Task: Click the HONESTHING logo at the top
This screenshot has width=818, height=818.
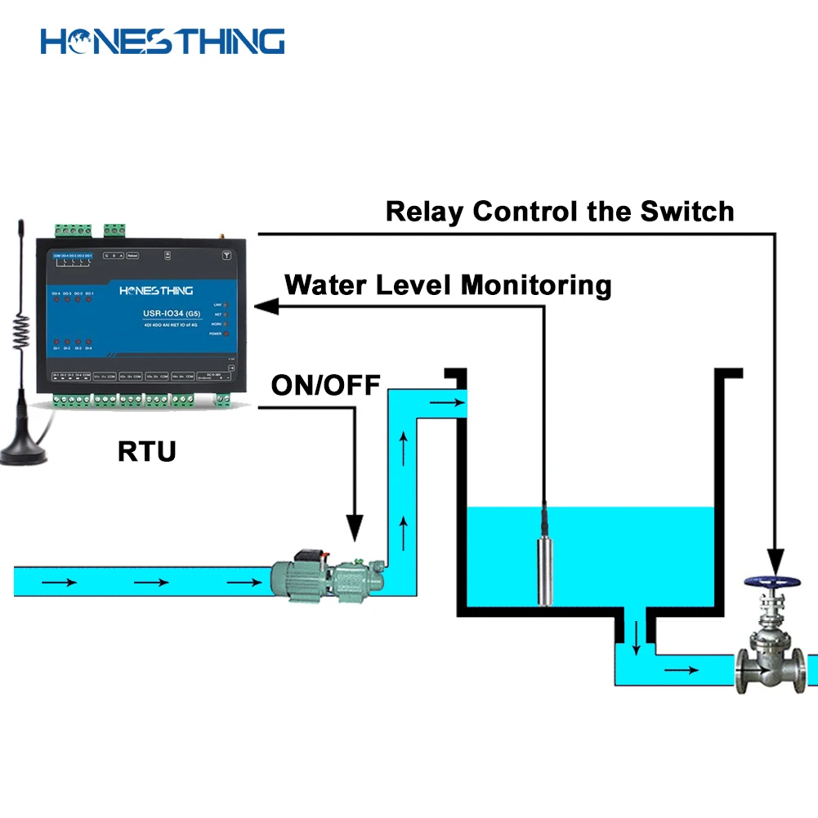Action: [x=163, y=41]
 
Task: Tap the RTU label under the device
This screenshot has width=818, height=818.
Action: [x=146, y=450]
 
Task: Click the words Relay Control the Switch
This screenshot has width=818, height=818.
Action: [x=559, y=212]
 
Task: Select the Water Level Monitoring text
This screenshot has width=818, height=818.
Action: [x=448, y=285]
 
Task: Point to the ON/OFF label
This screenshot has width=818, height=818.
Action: [x=325, y=384]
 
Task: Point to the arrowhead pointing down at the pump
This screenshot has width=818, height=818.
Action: [x=355, y=530]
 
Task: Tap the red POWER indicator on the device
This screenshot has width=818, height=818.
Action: [x=225, y=334]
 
